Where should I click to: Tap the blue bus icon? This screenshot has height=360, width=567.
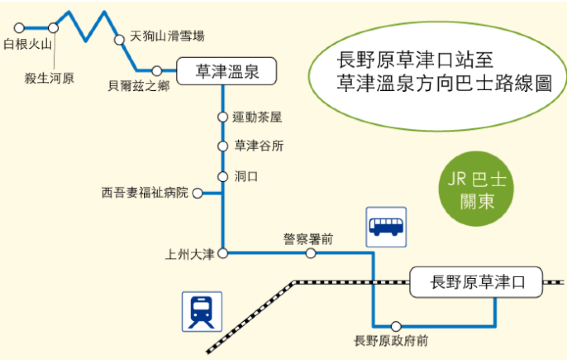point(386,227)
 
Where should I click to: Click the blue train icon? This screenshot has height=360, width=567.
point(201,311)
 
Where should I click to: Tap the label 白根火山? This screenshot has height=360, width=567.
point(28,44)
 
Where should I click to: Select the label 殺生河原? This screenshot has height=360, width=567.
point(50,77)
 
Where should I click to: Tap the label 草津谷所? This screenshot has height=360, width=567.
point(258,146)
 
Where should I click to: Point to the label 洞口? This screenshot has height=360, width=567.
point(246,175)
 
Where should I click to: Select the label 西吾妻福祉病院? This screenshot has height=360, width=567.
point(145,192)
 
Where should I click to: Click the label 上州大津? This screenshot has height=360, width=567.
point(190,255)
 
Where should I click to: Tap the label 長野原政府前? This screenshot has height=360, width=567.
point(391,342)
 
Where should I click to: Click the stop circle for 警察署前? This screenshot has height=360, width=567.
point(311,254)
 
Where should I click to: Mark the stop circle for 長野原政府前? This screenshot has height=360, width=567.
point(397,325)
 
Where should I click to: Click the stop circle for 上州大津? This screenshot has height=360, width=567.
point(223,254)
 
